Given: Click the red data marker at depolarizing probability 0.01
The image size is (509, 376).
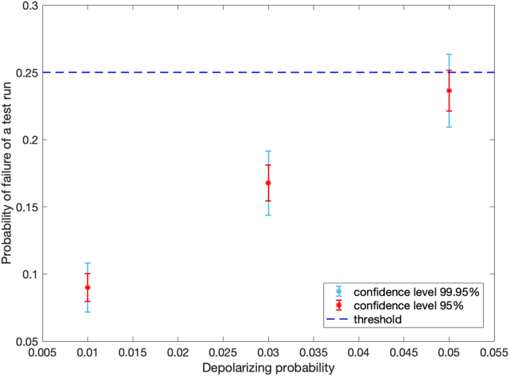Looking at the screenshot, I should click(88, 288).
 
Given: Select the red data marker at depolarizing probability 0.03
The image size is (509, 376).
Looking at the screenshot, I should click(268, 183).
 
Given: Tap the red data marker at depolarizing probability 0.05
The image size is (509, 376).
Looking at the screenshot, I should click(449, 91).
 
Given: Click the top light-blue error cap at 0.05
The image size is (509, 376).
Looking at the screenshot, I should click(449, 54).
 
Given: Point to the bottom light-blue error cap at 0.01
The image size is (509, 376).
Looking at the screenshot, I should click(88, 311).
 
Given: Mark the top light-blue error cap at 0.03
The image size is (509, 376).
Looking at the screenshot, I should click(268, 151).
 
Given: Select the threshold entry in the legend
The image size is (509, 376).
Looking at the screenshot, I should click(378, 319).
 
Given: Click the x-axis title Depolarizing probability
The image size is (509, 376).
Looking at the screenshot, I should click(268, 368).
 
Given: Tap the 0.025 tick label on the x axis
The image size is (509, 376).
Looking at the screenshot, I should click(223, 353).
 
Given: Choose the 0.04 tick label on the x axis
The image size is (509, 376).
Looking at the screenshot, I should click(359, 353).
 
